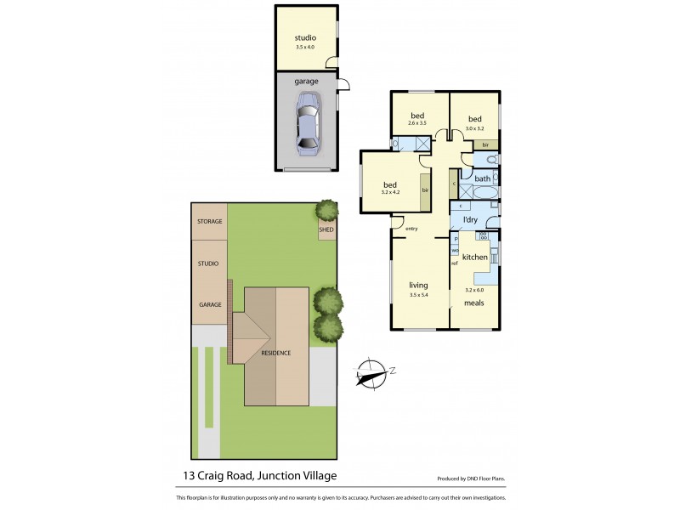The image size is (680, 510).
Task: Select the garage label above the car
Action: [306, 82]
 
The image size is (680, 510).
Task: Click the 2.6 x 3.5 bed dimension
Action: [418, 124]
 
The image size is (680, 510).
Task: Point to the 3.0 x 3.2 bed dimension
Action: [474, 129]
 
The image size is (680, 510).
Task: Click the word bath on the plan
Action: [482, 178]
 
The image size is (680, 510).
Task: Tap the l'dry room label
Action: [470, 221]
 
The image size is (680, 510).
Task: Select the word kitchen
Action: [475, 257]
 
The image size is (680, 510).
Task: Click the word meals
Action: [474, 302]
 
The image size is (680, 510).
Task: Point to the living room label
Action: [418, 286]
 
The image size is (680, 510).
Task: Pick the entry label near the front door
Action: [412, 229]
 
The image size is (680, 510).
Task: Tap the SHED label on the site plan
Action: [326, 229]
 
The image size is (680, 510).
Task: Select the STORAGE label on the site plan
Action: [209, 222]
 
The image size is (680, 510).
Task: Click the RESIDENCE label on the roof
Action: [275, 353]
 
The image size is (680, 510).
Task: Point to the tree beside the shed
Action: [325, 209]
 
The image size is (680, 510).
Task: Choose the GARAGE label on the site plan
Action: [210, 304]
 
